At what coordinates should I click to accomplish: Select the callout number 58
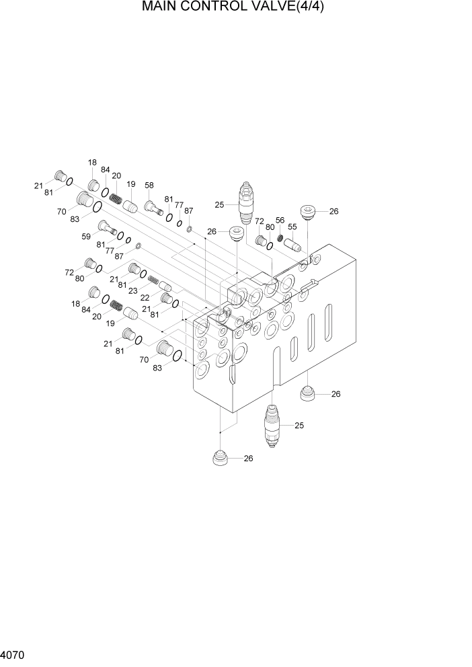(x=149, y=185)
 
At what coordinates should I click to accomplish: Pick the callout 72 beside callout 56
(x=259, y=220)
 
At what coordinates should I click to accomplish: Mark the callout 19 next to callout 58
(x=131, y=184)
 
